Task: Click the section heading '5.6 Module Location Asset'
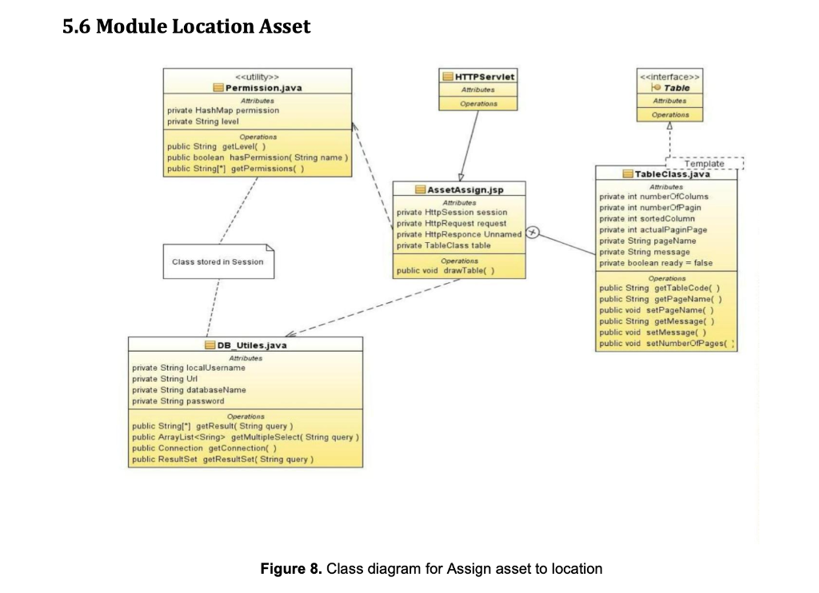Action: [x=186, y=27]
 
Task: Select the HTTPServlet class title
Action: [x=484, y=77]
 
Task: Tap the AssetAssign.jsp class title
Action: [x=464, y=189]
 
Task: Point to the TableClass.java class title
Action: [x=672, y=173]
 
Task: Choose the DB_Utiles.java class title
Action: [x=251, y=345]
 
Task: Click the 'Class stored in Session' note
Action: [x=218, y=261]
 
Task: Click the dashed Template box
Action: [x=704, y=163]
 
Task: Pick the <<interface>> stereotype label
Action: [x=670, y=77]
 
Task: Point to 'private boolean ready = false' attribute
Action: [x=655, y=263]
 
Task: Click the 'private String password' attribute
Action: [x=178, y=401]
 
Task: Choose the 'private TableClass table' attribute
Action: [x=444, y=245]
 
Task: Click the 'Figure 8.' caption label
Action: [x=286, y=569]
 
